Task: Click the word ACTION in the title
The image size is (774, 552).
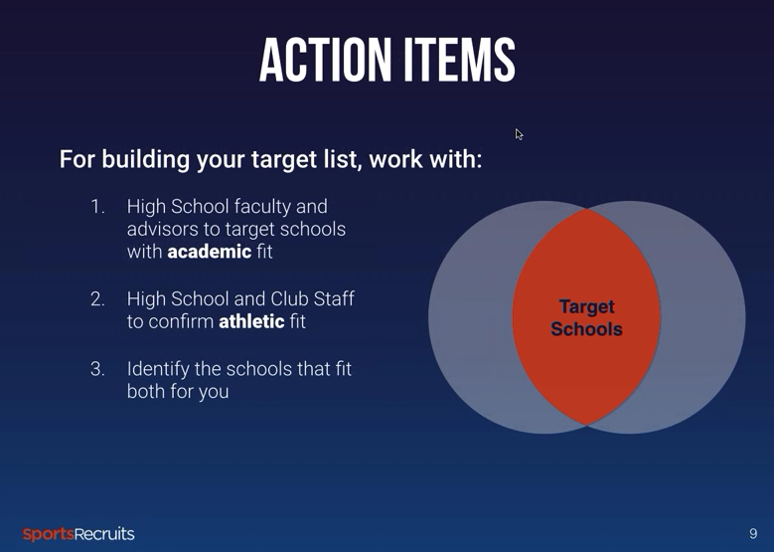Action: click(324, 60)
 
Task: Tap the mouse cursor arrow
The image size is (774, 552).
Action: click(519, 134)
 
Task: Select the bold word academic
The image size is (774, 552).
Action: click(210, 252)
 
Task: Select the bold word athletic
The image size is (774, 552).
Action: click(251, 321)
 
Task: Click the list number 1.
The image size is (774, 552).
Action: click(97, 207)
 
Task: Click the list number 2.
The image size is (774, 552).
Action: click(97, 299)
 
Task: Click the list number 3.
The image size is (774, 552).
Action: click(97, 369)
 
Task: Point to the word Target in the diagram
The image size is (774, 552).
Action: click(586, 307)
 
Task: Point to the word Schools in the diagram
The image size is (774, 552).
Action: click(586, 329)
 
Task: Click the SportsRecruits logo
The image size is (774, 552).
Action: click(77, 534)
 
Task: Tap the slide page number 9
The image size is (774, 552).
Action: click(753, 534)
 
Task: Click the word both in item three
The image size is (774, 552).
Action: click(146, 392)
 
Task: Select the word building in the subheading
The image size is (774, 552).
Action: click(146, 159)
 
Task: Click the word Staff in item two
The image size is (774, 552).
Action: click(334, 299)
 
